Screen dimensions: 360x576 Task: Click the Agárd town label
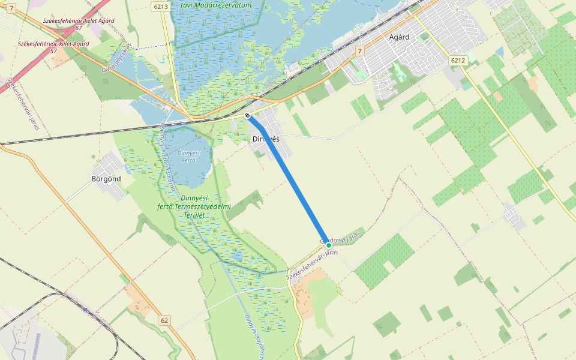pos(399,37)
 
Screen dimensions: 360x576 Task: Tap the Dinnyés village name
pos(266,139)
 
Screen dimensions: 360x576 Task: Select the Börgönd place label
pos(106,179)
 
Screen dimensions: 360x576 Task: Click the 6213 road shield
pos(160,7)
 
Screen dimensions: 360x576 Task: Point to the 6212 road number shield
pos(457,60)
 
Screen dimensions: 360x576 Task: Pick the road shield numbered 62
pos(164,320)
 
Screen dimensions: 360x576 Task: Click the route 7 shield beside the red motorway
pos(11,7)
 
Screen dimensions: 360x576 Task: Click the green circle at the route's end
pos(329,245)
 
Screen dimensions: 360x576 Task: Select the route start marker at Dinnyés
pos(247,115)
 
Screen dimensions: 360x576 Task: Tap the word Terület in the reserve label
pos(194,215)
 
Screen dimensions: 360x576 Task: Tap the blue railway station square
pos(86,310)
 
